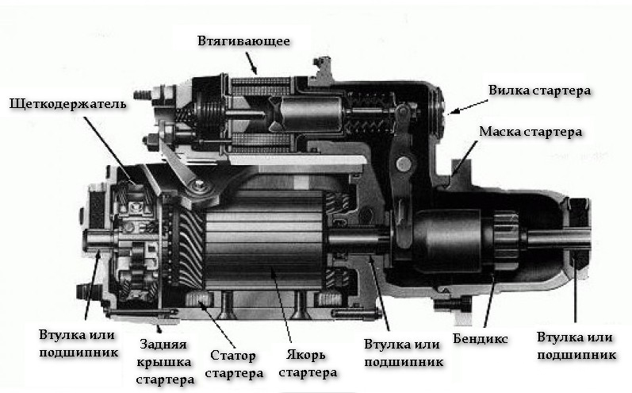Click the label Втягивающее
243,40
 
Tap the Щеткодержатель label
67,105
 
